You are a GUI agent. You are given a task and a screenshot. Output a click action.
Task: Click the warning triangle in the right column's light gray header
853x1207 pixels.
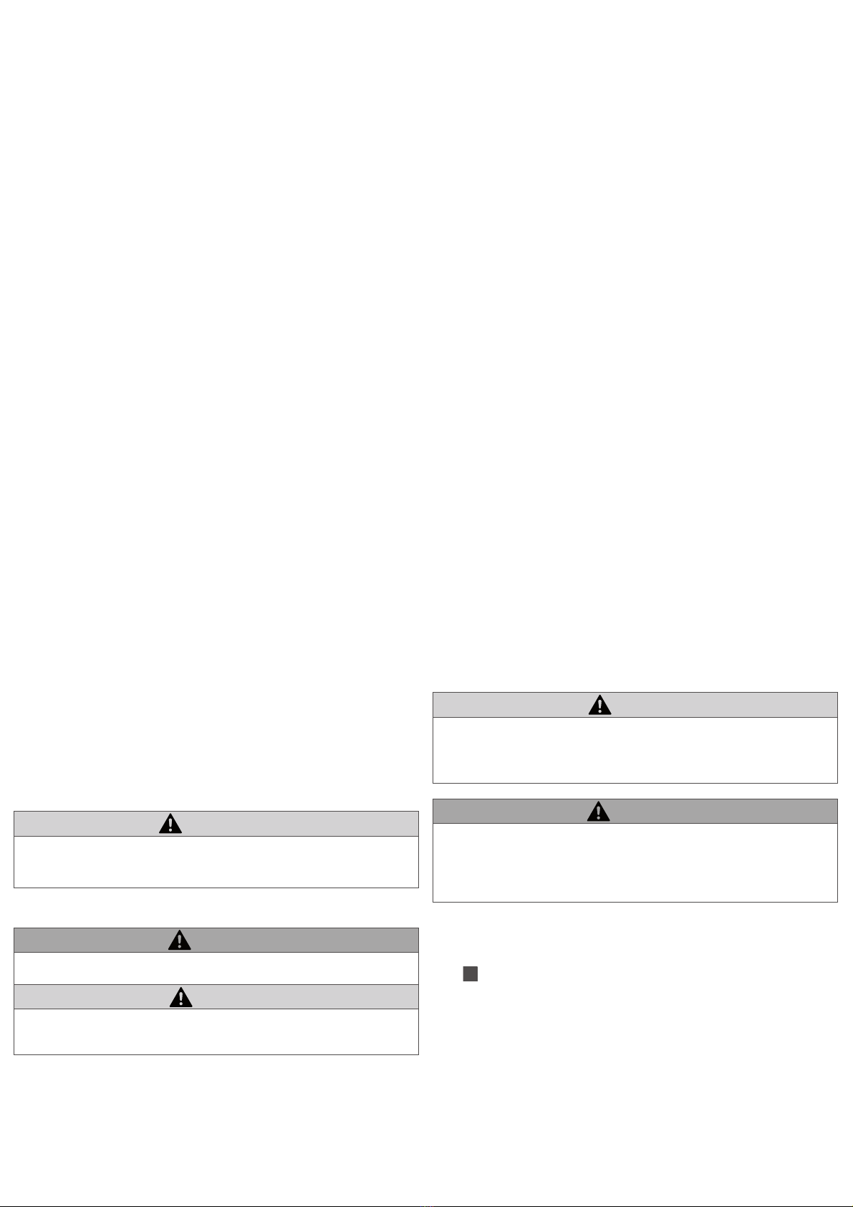(x=599, y=706)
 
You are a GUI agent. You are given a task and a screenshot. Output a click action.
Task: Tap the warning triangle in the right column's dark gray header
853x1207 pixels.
(x=598, y=812)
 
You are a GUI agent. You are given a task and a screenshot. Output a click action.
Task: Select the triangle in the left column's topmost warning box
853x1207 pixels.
(x=170, y=824)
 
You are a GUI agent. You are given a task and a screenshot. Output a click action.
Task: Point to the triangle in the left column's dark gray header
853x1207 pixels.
(x=179, y=940)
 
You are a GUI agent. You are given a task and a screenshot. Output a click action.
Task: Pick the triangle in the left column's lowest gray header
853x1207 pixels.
(x=181, y=997)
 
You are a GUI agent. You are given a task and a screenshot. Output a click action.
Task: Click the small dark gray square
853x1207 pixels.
(x=470, y=973)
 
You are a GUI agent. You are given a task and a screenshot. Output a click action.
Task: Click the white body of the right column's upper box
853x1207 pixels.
(x=635, y=749)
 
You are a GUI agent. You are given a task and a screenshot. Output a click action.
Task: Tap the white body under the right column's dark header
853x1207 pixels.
(x=635, y=862)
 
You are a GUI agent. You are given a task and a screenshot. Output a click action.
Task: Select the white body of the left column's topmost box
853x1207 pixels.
(x=216, y=861)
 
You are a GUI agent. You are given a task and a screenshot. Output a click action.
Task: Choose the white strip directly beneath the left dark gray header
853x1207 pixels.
(x=216, y=968)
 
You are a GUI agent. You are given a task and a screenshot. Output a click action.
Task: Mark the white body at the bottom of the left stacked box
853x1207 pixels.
(x=216, y=1031)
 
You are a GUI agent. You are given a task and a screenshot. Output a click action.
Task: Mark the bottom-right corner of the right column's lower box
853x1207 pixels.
(x=837, y=901)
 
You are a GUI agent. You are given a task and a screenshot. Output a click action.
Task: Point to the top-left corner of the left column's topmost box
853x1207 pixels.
(x=14, y=812)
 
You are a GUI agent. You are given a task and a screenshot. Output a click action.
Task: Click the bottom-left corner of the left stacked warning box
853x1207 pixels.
(x=14, y=1054)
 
